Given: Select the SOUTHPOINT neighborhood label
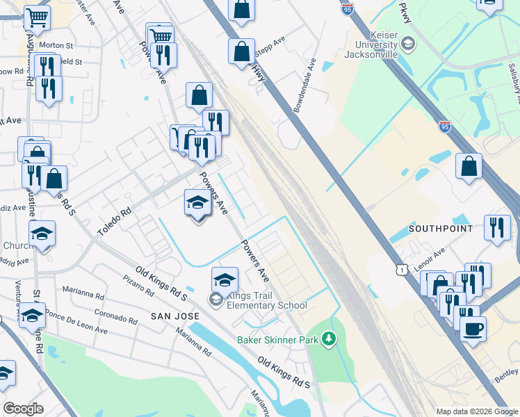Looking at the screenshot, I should (x=441, y=229).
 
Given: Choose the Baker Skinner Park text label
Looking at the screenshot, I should (x=277, y=340).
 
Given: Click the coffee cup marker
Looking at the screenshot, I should (x=473, y=328).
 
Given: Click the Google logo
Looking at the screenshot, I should (x=23, y=409).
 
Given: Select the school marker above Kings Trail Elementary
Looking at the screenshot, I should (x=225, y=280).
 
